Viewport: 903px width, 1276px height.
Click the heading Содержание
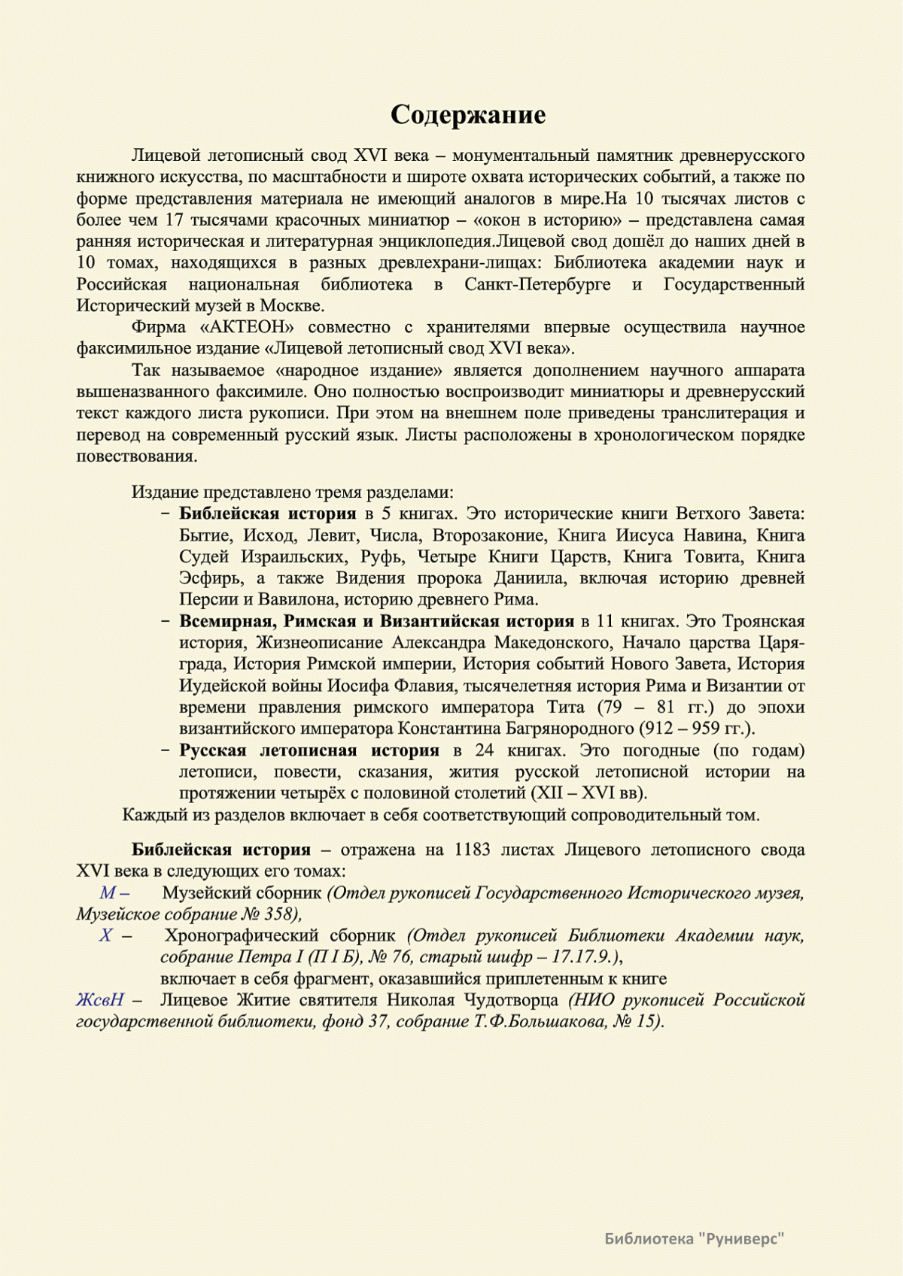pos(468,114)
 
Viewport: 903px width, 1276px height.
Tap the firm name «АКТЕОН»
pos(247,327)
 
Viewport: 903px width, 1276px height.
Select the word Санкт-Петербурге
pos(537,284)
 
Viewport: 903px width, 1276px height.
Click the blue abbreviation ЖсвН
pos(99,1000)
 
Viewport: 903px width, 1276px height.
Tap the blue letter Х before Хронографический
pos(105,936)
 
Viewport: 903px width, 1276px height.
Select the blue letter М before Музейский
pos(108,893)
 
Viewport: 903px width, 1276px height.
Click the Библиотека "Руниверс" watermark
pos(694,1238)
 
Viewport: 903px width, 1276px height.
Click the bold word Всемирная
pos(227,622)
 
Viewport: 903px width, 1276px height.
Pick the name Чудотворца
pos(512,1000)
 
